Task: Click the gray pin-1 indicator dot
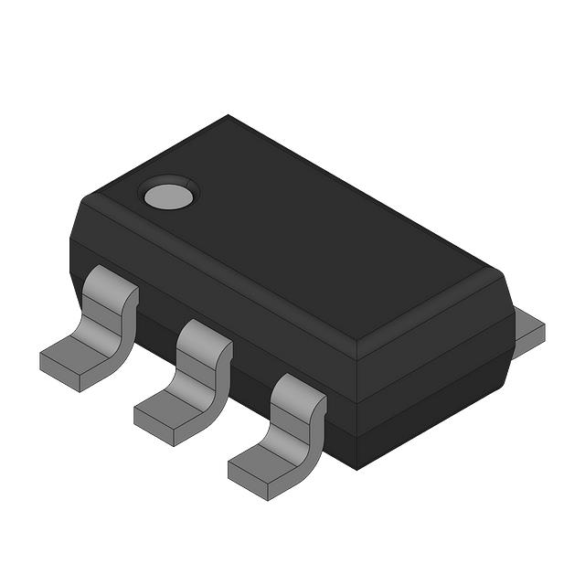[x=168, y=194]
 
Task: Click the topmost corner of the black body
[x=229, y=116]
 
